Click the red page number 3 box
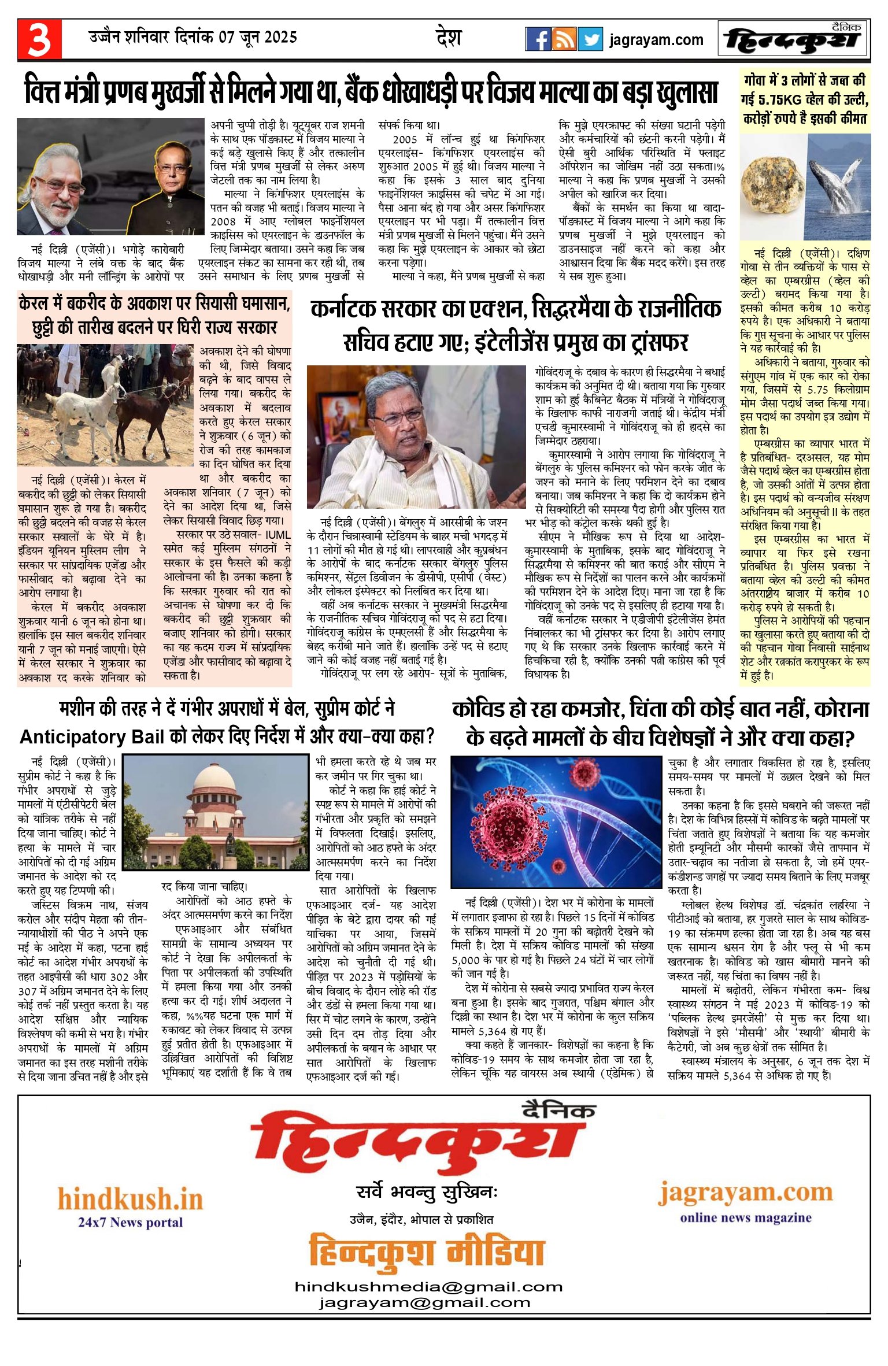click(x=39, y=39)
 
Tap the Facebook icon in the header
click(x=538, y=39)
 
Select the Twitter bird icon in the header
click(x=590, y=39)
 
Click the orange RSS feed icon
click(x=564, y=39)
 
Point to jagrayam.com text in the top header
click(x=656, y=40)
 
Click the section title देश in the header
click(x=449, y=38)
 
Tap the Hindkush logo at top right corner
click(x=793, y=39)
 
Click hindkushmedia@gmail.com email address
click(x=428, y=1287)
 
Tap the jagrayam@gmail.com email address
click(x=424, y=1302)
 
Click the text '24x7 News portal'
click(x=130, y=1222)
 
